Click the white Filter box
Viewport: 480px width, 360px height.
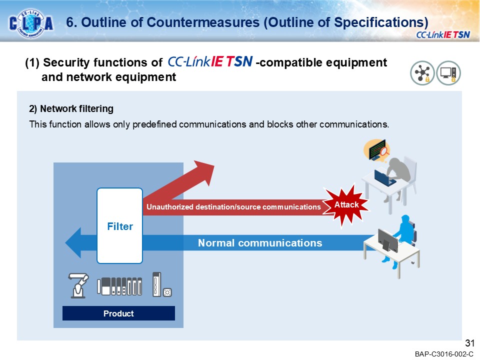(x=120, y=226)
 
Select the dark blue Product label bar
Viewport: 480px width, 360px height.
(x=118, y=313)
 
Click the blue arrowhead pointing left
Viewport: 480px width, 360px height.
(x=75, y=243)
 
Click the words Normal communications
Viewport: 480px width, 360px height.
(x=260, y=243)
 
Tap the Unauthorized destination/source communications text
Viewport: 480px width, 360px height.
(x=233, y=207)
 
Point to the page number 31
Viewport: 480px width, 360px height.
(x=469, y=343)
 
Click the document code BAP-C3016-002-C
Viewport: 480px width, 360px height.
(x=443, y=354)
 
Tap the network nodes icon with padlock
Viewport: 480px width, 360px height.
(x=422, y=73)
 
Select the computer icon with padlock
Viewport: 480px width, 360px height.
(x=448, y=73)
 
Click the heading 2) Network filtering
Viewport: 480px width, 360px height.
(x=71, y=108)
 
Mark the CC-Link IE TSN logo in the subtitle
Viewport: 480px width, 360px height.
(x=209, y=62)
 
